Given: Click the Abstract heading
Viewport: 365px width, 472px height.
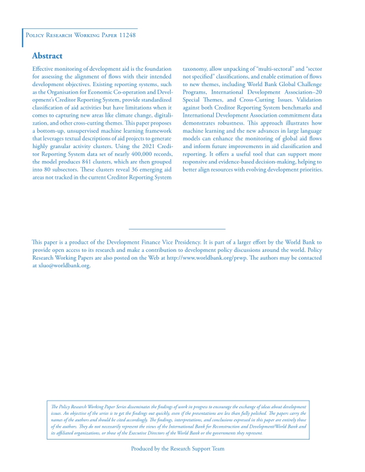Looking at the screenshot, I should tap(47, 55).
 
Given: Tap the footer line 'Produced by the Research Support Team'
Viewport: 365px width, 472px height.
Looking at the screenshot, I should tap(178, 448).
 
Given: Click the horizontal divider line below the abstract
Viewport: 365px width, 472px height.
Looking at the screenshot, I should tap(177, 228).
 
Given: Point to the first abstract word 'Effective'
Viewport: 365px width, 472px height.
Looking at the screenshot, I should tap(45, 69).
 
